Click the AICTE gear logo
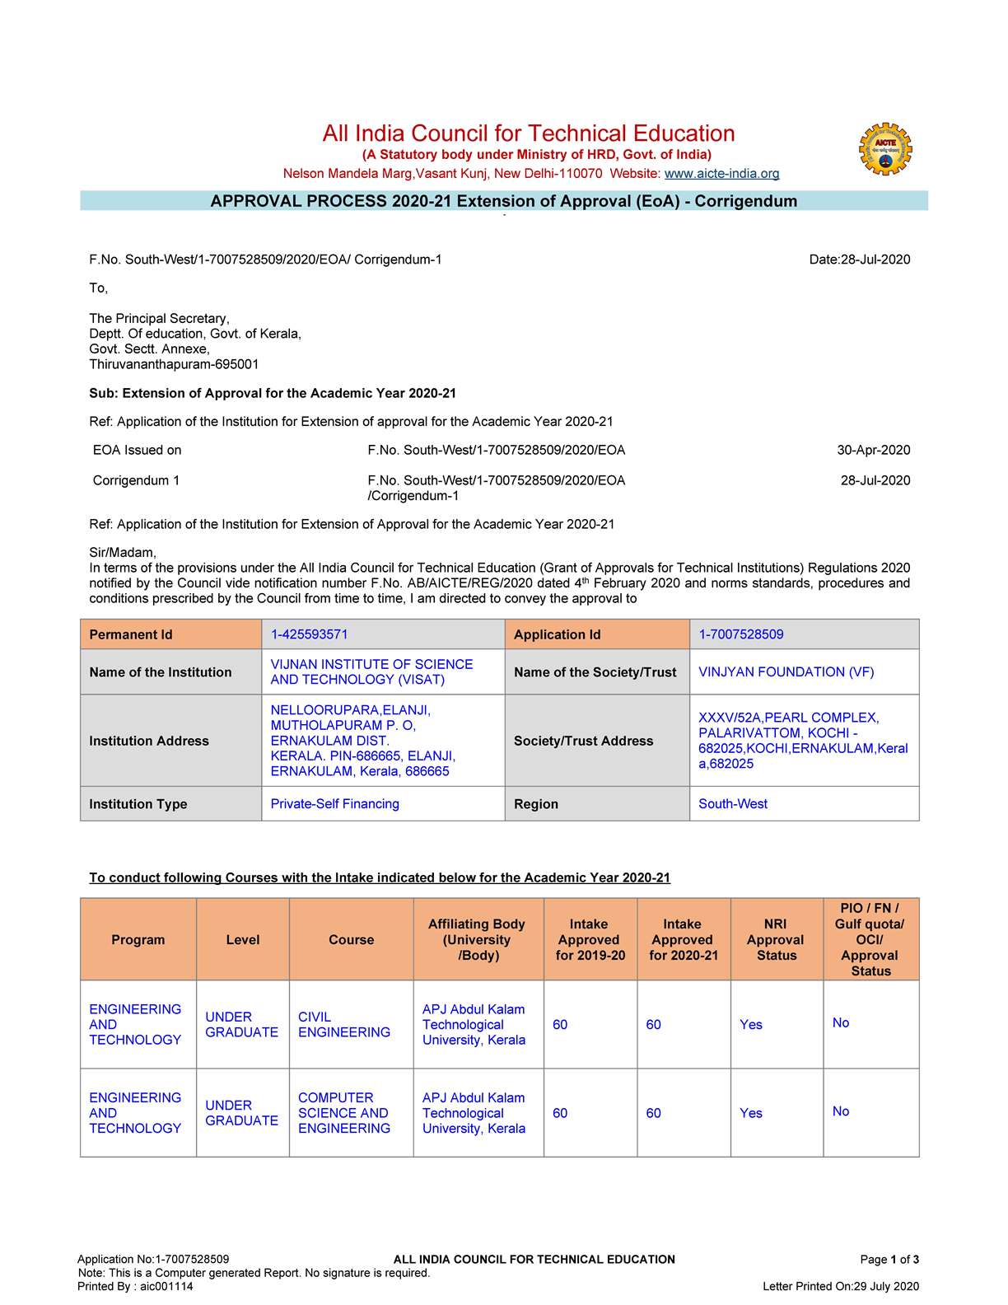pos(885,149)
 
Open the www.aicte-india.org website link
pos(721,174)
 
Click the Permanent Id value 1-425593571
pos(310,634)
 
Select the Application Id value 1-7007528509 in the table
pos(741,634)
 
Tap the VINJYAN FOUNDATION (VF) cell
pos(786,672)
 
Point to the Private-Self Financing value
pos(335,804)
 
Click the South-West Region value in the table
pos(733,804)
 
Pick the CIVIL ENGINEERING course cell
pos(344,1025)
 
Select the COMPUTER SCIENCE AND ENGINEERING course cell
pos(344,1113)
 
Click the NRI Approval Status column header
pos(776,940)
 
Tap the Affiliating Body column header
pos(477,940)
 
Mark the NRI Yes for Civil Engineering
pos(751,1025)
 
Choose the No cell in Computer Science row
pos(841,1111)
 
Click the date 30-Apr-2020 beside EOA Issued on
pos(874,451)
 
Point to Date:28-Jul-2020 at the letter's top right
pos(860,260)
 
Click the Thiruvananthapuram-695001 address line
pos(175,365)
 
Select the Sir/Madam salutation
pos(123,553)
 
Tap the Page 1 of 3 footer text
pos(889,1260)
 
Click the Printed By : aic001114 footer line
pos(136,1287)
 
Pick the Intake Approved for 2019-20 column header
pos(590,940)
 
